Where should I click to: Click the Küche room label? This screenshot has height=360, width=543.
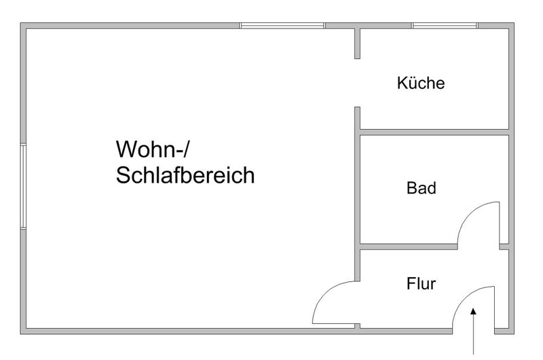421,83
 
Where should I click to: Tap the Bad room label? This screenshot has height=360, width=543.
421,188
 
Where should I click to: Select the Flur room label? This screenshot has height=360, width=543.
421,284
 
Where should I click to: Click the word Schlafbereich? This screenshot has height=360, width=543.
185,175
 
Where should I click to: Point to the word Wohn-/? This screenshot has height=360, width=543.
153,149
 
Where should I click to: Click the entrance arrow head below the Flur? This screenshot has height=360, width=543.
473,311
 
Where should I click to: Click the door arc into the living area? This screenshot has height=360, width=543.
326,294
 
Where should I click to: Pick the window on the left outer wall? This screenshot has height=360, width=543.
23,187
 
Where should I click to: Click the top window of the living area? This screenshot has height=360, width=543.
282,26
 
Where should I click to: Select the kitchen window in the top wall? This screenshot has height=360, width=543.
445,26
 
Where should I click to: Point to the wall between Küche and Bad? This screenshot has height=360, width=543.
434,132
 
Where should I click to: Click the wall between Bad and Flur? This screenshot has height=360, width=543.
409,247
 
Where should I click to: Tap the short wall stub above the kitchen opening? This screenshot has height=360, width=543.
358,43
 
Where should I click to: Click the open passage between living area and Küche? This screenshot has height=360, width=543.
358,83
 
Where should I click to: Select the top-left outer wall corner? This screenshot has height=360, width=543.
21,23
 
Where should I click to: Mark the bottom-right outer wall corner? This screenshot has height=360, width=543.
514,334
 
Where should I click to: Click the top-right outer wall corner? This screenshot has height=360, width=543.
514,23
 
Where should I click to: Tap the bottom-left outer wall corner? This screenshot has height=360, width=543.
21,334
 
